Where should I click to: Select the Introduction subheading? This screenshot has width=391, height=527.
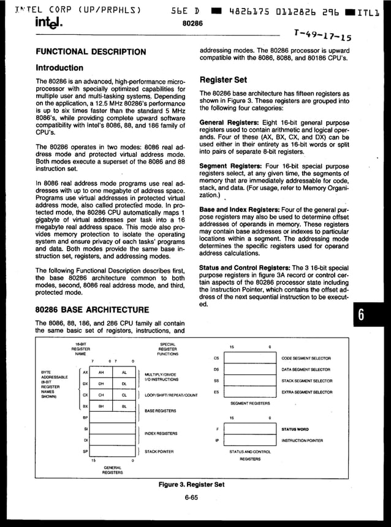[x=59, y=67]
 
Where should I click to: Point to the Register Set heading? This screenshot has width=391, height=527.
[x=224, y=80]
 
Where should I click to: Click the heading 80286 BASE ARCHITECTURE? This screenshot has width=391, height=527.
[x=91, y=309]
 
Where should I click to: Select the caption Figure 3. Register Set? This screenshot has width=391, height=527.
[x=191, y=484]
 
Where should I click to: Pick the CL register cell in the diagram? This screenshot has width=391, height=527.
[x=124, y=395]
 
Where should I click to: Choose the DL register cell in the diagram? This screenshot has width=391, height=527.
[x=124, y=384]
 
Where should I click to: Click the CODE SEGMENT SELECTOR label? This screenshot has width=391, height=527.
[x=306, y=358]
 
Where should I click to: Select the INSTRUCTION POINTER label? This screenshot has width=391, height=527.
[x=302, y=441]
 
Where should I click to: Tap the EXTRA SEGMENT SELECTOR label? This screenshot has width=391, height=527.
[x=306, y=392]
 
